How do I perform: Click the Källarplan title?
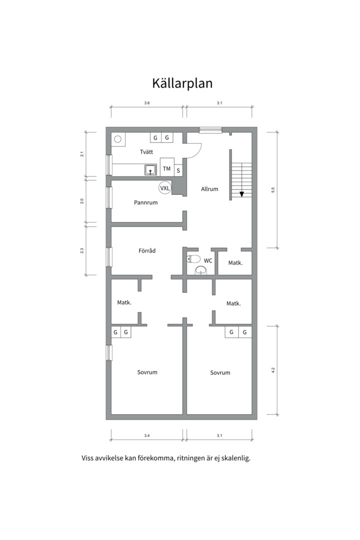[182, 83]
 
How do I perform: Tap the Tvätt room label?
[146, 152]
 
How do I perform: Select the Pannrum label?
[145, 202]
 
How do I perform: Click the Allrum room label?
[209, 188]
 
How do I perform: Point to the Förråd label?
[147, 250]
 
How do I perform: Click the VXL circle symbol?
[165, 188]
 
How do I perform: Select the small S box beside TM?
[178, 170]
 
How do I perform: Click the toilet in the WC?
[193, 258]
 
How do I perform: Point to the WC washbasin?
[201, 270]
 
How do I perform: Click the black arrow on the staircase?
[241, 194]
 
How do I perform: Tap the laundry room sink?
[150, 170]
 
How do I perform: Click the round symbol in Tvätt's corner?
[118, 139]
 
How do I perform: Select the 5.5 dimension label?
[273, 190]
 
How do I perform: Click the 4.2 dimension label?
[273, 370]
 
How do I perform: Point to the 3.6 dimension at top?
[147, 103]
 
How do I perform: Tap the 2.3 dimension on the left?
[82, 250]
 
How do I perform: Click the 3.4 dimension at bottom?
[147, 435]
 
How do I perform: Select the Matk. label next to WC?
[235, 263]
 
